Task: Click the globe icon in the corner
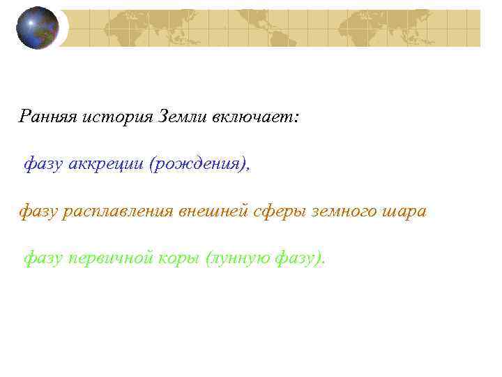(38, 27)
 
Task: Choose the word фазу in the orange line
(38, 211)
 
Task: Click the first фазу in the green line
(43, 259)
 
